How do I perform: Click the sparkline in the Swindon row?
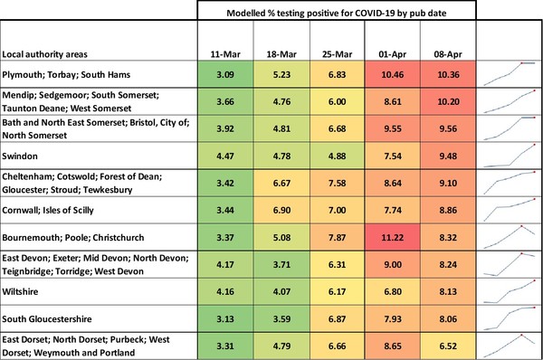[x=509, y=156]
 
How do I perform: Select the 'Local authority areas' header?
[x=45, y=51]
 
